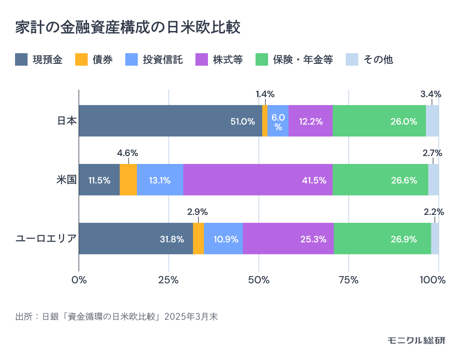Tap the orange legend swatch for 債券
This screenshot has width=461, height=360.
coord(81,60)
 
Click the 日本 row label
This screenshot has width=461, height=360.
coord(67,121)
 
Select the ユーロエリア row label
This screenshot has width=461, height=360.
coord(46,239)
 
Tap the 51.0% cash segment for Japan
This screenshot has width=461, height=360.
coord(170,121)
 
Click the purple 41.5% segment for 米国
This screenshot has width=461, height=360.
coord(258,180)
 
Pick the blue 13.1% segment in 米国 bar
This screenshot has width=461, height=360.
coord(160,180)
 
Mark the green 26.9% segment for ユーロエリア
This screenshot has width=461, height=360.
coord(382,239)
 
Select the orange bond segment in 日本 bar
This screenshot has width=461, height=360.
coord(265,121)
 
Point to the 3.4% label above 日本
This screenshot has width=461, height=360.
coord(431,94)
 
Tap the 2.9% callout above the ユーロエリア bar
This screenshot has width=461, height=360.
coord(198,211)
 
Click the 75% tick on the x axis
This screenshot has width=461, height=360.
coord(349,280)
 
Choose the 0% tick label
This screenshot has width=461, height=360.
coord(79,280)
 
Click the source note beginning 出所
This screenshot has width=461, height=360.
coord(116,316)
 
